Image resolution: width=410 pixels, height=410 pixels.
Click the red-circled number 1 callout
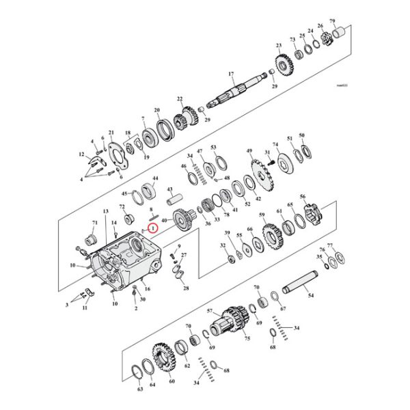(x=153, y=227)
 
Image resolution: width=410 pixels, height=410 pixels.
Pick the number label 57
(x=210, y=310)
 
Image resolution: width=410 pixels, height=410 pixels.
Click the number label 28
(x=185, y=290)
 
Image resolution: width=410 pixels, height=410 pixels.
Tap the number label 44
(x=155, y=178)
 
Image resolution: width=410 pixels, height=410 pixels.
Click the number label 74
(x=275, y=144)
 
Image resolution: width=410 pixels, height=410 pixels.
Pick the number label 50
(x=302, y=135)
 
